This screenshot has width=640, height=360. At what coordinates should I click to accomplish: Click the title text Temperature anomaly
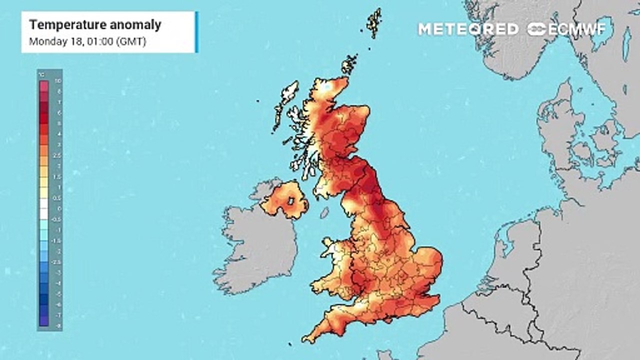click(x=95, y=24)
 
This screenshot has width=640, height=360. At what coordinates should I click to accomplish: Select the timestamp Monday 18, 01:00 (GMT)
click(x=87, y=41)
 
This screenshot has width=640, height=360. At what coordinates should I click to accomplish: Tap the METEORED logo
click(x=468, y=29)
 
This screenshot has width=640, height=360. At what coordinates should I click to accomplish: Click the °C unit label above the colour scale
click(x=42, y=75)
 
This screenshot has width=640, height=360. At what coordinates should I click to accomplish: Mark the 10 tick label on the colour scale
click(x=58, y=80)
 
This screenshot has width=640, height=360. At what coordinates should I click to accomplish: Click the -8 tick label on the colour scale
click(x=58, y=325)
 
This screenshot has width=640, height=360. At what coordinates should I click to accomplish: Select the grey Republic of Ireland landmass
click(x=255, y=250)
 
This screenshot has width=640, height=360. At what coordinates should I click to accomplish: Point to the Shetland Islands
click(x=373, y=22)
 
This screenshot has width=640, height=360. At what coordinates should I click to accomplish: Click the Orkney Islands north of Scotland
click(x=349, y=64)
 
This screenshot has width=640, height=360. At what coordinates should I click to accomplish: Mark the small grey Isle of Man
click(x=324, y=213)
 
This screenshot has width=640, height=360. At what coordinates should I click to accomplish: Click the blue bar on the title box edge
click(x=196, y=32)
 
